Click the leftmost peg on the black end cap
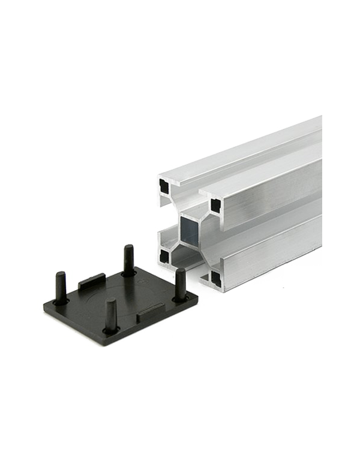coord(60,287)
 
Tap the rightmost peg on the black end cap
coord(180,283)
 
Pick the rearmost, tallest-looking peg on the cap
coord(128,259)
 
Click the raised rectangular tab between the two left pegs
coord(92,281)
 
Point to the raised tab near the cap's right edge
coord(151,310)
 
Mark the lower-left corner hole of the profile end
coord(164,257)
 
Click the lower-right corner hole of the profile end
coord(215,278)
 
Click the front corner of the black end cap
coord(113,342)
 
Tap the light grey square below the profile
coord(294,305)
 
